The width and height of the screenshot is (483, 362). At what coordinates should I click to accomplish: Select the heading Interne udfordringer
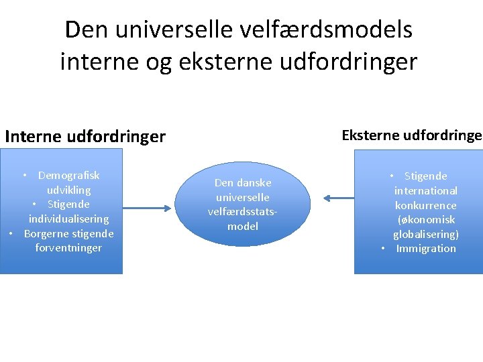point(85,137)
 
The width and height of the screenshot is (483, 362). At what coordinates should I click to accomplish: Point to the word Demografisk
point(68,176)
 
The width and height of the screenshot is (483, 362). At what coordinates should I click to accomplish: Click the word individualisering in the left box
point(68,219)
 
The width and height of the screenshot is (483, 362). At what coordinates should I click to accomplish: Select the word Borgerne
point(46,233)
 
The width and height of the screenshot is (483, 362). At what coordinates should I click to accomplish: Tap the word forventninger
point(68,248)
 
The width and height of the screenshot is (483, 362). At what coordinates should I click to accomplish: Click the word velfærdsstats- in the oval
point(243,212)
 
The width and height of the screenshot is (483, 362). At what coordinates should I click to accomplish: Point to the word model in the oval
point(243,226)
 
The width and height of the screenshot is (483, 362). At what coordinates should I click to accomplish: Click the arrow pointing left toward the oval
point(338,197)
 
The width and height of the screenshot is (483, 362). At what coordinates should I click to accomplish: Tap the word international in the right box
point(425,191)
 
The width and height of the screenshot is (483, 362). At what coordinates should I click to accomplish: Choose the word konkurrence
point(425,206)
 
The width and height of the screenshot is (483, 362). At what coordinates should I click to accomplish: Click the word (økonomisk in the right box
point(425,220)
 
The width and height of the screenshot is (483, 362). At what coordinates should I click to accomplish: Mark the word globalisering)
point(425,234)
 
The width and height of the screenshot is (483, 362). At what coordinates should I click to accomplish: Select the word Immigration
point(425,249)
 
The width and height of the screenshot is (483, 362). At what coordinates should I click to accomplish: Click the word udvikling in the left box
point(68,190)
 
